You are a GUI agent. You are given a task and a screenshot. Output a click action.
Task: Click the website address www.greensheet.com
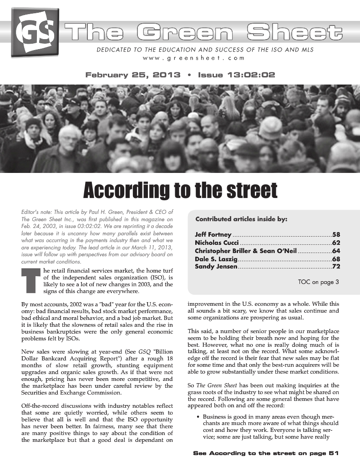click(x=193, y=58)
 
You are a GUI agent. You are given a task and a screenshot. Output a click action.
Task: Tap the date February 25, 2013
click(x=133, y=75)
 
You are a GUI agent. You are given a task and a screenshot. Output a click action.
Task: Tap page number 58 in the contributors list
click(x=336, y=235)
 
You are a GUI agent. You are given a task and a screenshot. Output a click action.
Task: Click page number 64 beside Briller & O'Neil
click(x=336, y=251)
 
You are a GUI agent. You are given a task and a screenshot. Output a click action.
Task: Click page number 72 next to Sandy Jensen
click(x=336, y=266)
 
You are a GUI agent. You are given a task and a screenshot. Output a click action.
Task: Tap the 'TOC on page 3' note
click(x=318, y=282)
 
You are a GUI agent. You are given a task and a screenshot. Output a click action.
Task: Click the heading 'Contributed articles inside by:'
click(x=241, y=219)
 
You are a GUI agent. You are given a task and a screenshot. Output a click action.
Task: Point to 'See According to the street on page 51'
click(x=266, y=453)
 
